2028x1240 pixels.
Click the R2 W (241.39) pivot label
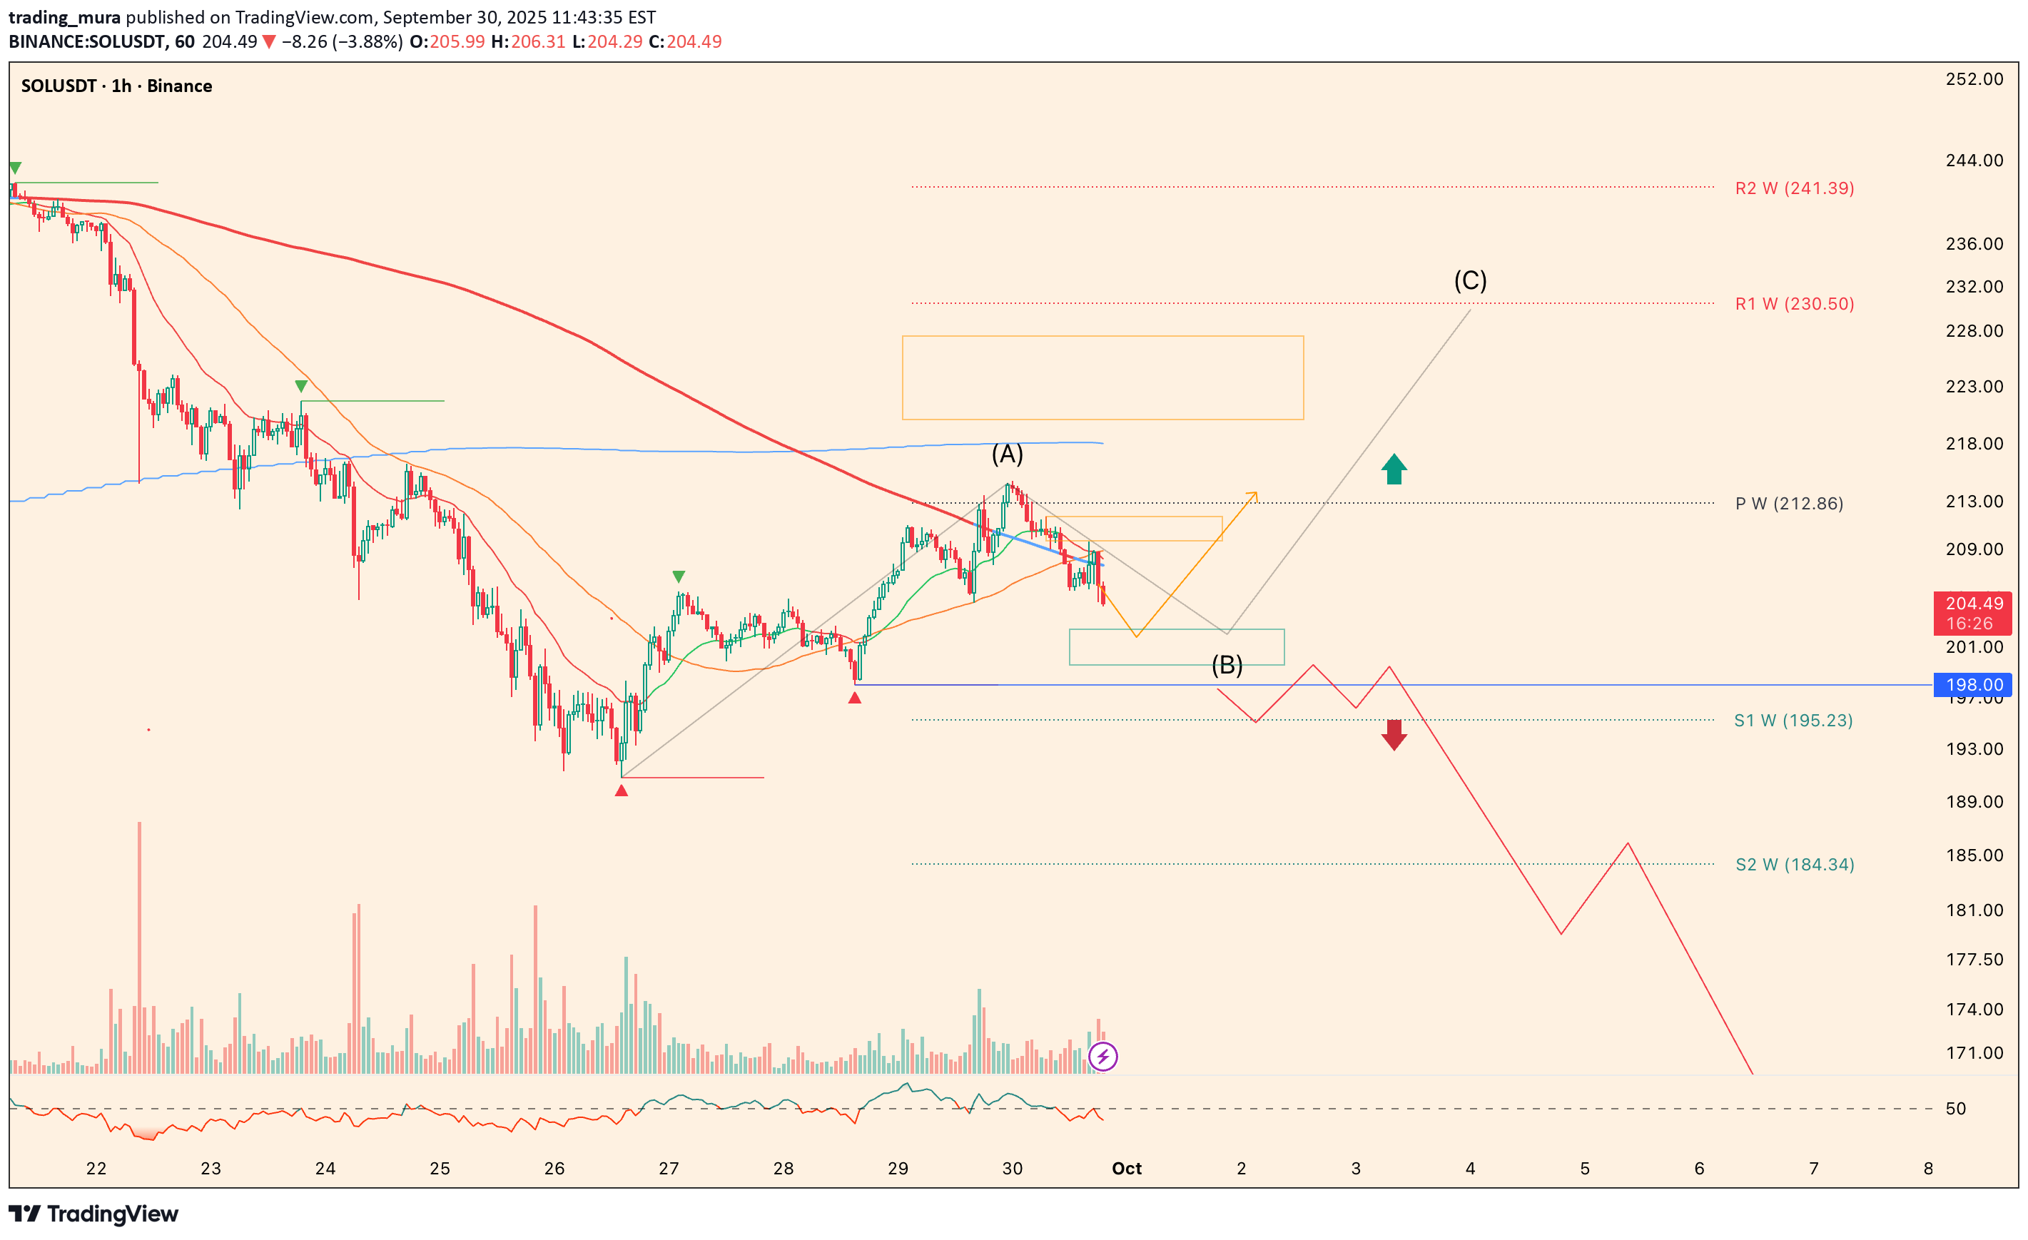coord(1793,188)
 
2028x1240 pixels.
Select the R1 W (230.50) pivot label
coord(1793,304)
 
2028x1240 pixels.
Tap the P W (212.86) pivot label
coord(1788,504)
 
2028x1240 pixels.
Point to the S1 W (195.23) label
coord(1793,721)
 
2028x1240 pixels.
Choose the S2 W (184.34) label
coord(1794,865)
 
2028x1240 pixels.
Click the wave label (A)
coord(1007,454)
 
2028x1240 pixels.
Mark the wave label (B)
coord(1227,665)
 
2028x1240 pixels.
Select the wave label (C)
coord(1470,280)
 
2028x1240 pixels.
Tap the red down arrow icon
coord(1394,735)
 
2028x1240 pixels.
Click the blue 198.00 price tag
coord(1972,685)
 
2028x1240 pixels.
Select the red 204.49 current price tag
coord(1972,613)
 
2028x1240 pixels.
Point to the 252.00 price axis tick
coord(1974,79)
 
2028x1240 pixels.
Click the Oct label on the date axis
coord(1126,1169)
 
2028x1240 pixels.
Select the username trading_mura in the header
coord(64,17)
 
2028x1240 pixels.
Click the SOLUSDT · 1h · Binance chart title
coord(116,86)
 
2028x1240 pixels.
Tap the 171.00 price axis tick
coord(1974,1052)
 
